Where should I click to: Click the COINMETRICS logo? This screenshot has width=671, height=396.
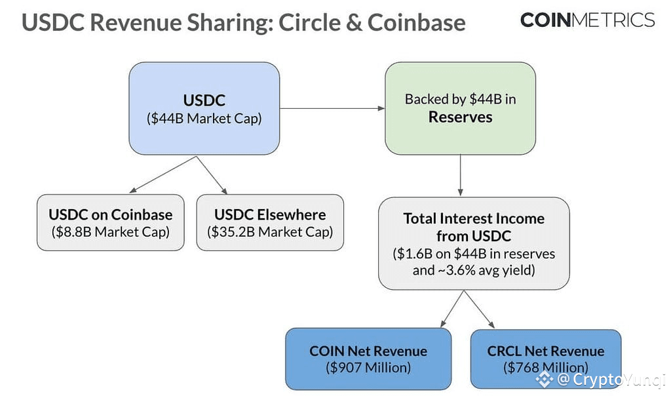click(x=587, y=20)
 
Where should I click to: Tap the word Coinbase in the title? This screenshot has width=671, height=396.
click(x=416, y=22)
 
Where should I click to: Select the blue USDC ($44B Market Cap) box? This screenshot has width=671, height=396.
click(x=204, y=108)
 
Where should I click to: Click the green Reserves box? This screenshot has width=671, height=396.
click(x=460, y=108)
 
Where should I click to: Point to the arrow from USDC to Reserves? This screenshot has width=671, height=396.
click(x=332, y=108)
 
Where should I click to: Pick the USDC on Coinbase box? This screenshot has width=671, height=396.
click(x=110, y=223)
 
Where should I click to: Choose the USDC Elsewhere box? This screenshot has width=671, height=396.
click(x=270, y=223)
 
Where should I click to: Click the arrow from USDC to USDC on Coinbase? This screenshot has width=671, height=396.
click(x=163, y=174)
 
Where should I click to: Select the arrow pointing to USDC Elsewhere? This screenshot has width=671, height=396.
click(x=212, y=174)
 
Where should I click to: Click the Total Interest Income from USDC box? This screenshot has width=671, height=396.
click(x=474, y=244)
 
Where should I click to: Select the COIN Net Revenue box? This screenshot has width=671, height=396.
click(x=368, y=359)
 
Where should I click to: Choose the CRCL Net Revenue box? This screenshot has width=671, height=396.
click(x=546, y=359)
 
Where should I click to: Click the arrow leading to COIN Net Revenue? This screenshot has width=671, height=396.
click(x=452, y=309)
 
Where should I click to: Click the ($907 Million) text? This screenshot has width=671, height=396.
click(x=368, y=368)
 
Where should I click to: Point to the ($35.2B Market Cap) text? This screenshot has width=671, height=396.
click(x=270, y=232)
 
